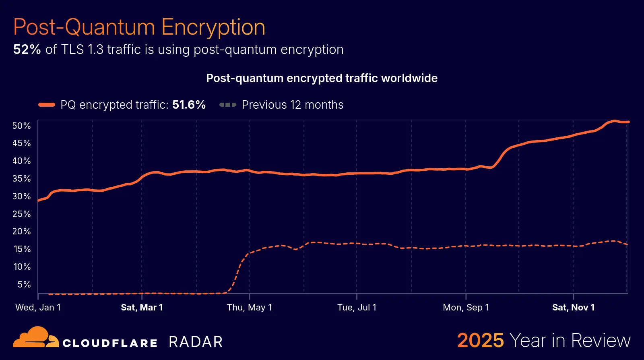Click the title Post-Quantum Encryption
click(139, 27)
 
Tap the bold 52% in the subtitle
click(27, 50)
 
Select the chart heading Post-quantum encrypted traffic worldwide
click(322, 78)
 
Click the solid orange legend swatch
click(47, 105)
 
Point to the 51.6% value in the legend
click(189, 105)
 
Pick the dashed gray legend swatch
click(228, 105)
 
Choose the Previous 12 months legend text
click(293, 105)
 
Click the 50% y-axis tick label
click(22, 126)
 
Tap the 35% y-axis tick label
click(22, 178)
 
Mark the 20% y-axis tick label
click(22, 231)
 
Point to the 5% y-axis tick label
click(24, 284)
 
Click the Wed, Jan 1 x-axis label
click(38, 307)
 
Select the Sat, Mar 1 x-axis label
click(142, 307)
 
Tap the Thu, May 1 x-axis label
click(249, 307)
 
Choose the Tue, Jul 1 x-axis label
click(357, 307)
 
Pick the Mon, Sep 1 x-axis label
click(466, 307)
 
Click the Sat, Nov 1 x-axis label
click(573, 307)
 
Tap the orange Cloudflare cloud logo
click(36, 337)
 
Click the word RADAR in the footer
click(196, 342)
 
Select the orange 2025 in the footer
click(480, 341)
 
